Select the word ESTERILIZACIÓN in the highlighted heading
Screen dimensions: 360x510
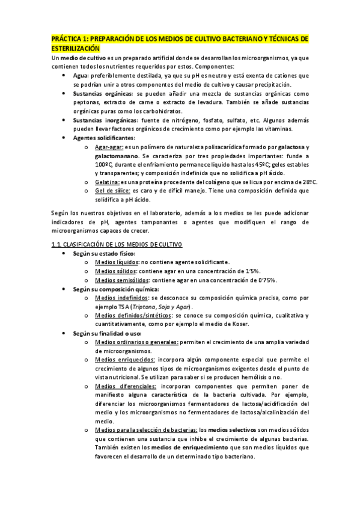pos(76,48)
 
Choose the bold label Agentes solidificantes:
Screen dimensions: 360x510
pos(104,138)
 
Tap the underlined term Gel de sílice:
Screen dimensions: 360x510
pos(114,191)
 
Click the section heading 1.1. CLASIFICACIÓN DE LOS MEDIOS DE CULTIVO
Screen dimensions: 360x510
pos(120,244)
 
